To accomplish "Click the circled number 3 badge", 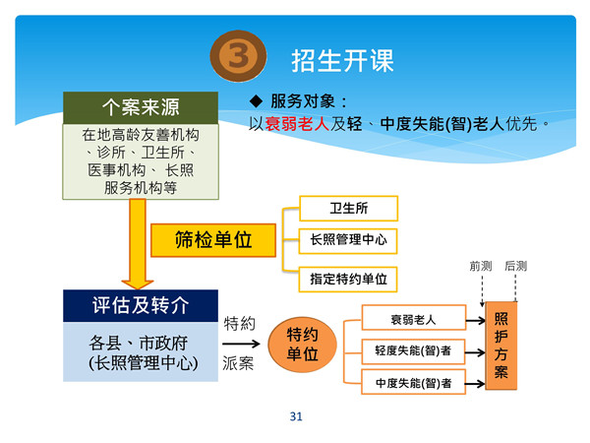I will coord(236,58).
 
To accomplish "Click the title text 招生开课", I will coord(342,60).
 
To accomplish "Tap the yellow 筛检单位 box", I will coord(213,239).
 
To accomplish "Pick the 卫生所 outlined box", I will coord(348,208).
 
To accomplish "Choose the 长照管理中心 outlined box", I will coord(348,239).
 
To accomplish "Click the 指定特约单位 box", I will coord(348,279).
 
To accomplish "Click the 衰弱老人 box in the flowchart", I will coord(413,318).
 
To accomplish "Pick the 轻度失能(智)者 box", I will coord(413,349).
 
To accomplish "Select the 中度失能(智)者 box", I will coord(413,382).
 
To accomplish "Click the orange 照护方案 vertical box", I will coord(501,345).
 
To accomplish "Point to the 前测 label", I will coord(481,266).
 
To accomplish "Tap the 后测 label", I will coord(515,266).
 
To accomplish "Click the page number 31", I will coord(295,416).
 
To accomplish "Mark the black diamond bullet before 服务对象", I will coord(257,101).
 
